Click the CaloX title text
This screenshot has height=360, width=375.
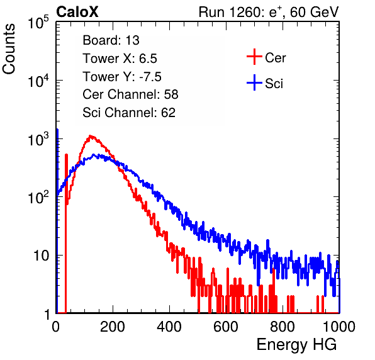pos(77,12)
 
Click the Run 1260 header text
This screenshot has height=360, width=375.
pos(269,12)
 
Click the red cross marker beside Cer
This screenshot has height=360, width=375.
pos(254,57)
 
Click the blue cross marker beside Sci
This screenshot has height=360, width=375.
pos(254,82)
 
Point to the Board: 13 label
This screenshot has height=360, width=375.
pos(111,40)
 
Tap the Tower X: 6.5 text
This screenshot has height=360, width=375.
pos(120,59)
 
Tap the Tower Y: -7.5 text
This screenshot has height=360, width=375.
pos(122,77)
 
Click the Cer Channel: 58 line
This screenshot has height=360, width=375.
pos(130,94)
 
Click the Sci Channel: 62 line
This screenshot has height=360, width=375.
pos(129,113)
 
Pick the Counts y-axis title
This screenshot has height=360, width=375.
pos(9,49)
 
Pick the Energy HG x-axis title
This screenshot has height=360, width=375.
pos(296,345)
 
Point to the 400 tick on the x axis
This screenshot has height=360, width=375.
pos(169,327)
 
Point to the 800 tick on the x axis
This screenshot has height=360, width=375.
pos(283,327)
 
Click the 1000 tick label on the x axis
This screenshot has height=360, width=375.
pos(339,327)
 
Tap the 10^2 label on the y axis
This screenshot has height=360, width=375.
pos(38,198)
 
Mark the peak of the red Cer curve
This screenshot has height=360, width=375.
pos(91,136)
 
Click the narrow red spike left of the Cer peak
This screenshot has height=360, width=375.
pos(66,233)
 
